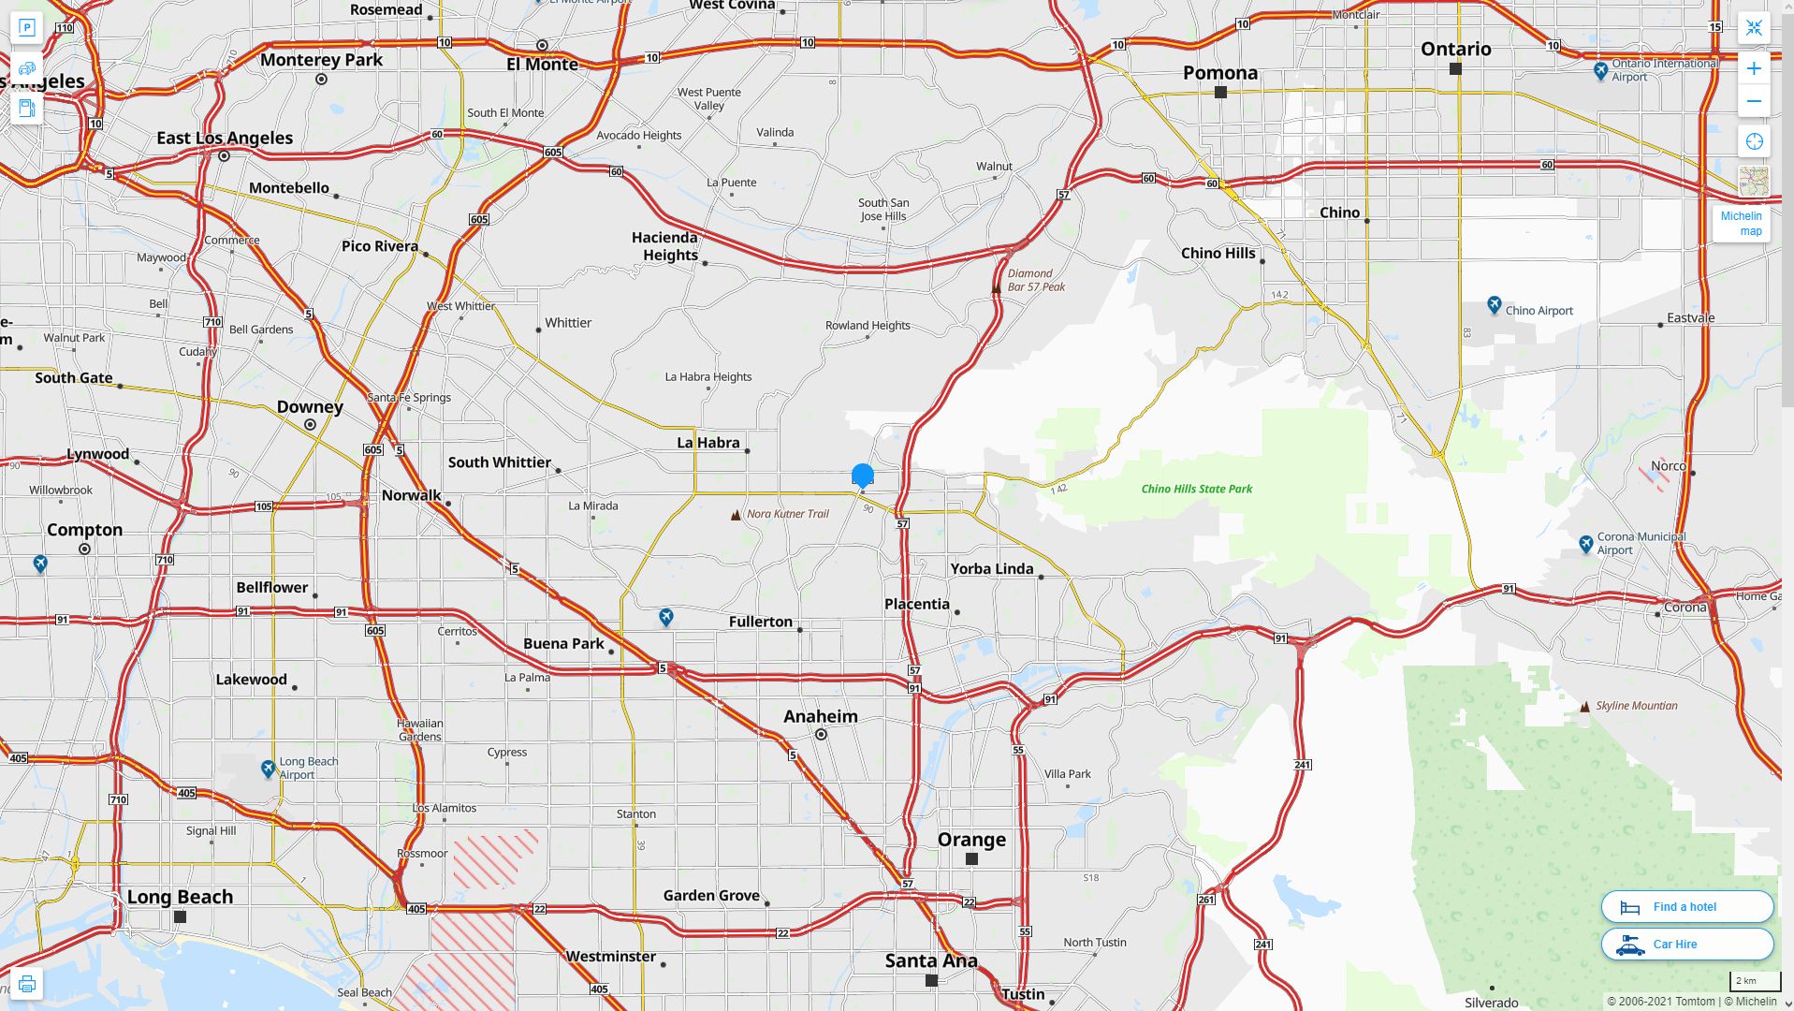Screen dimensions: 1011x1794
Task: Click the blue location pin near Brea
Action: [x=862, y=476]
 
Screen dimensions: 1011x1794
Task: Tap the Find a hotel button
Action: [x=1686, y=906]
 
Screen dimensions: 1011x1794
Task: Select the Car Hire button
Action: [x=1686, y=944]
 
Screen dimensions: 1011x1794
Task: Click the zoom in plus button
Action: [x=1754, y=68]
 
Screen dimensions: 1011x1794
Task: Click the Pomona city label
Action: [x=1219, y=73]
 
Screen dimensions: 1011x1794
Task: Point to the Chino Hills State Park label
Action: [x=1196, y=489]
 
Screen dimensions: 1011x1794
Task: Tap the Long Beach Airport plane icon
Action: [x=269, y=769]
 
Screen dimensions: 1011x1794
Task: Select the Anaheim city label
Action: [x=820, y=716]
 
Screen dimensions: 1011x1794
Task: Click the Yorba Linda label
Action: [x=991, y=568]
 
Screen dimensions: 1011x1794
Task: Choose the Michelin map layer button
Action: [x=1742, y=223]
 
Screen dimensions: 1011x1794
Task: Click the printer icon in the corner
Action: [x=27, y=984]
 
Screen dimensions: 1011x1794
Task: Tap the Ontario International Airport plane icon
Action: [x=1600, y=70]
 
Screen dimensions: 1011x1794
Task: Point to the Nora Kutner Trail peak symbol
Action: [x=736, y=515]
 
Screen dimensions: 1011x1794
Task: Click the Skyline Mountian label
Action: [x=1636, y=706]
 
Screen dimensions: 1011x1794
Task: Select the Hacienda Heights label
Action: [x=665, y=246]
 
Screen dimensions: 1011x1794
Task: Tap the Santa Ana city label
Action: [x=931, y=960]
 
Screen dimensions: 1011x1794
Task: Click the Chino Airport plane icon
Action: [x=1494, y=305]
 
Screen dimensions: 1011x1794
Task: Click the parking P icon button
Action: [x=27, y=28]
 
